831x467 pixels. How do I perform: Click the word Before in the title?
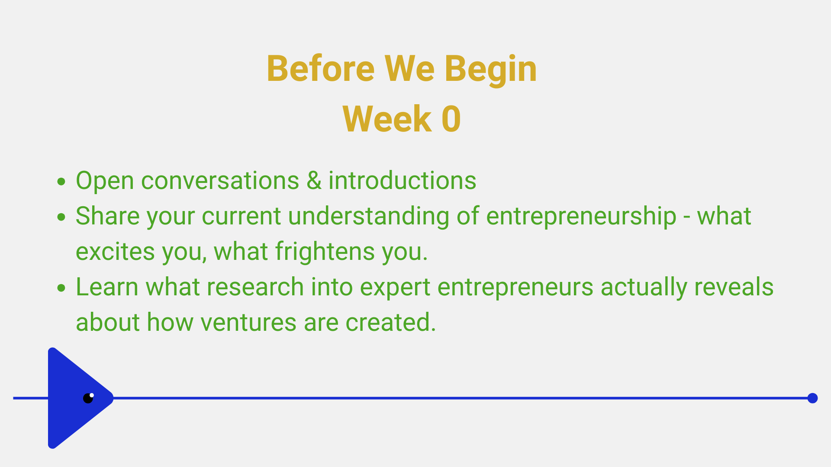(x=321, y=69)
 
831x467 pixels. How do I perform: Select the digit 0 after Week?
(x=451, y=119)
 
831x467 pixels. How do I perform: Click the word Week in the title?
(x=387, y=119)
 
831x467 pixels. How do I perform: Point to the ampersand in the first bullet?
(x=314, y=181)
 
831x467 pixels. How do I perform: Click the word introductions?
(x=402, y=180)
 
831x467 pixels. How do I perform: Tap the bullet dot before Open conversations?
(x=61, y=181)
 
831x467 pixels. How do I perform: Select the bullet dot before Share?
(x=61, y=217)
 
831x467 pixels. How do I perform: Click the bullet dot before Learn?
(x=61, y=288)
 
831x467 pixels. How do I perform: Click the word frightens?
(x=325, y=252)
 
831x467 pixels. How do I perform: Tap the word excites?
(x=115, y=252)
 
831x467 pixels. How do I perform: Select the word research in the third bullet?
(x=255, y=287)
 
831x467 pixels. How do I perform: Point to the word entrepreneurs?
(x=515, y=288)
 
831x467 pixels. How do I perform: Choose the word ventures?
(x=248, y=323)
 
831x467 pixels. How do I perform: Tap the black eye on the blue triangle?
(x=88, y=398)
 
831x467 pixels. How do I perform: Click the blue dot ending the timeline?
(x=812, y=398)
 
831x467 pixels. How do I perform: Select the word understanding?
(x=369, y=216)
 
